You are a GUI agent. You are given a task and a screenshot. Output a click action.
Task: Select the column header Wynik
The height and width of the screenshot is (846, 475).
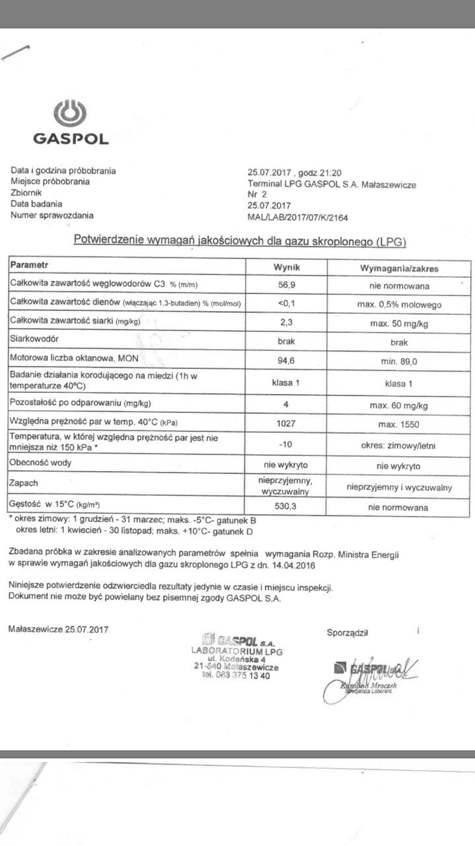[x=287, y=268]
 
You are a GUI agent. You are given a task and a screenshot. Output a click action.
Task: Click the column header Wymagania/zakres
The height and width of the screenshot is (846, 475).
[x=398, y=269]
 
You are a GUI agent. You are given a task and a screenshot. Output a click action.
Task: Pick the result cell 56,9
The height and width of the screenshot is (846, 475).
[x=287, y=286]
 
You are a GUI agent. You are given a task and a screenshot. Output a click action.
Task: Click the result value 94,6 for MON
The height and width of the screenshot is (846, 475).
[x=287, y=360]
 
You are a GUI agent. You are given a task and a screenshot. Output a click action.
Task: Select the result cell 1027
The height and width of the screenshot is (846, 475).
[x=287, y=423]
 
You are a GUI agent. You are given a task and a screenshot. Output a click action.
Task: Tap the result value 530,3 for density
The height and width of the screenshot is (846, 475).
[x=287, y=508]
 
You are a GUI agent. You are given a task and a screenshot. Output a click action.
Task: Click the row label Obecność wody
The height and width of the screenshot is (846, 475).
[x=42, y=463]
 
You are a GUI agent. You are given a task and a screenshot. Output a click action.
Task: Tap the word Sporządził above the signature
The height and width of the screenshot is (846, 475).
[x=347, y=633]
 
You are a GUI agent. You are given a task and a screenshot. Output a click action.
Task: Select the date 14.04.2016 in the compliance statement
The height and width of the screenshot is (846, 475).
[x=292, y=565]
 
